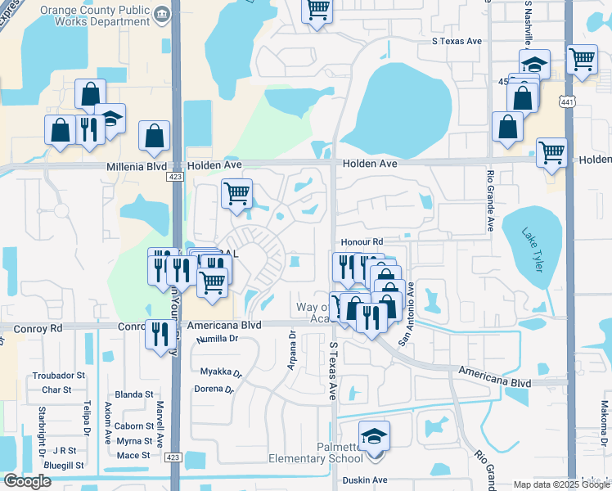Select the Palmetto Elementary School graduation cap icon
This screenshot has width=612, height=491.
pyautogui.click(x=374, y=435)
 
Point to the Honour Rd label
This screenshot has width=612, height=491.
pyautogui.click(x=362, y=242)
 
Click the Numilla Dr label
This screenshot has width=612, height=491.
pyautogui.click(x=210, y=337)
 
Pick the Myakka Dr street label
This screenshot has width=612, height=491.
pyautogui.click(x=222, y=372)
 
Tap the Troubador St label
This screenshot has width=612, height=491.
pyautogui.click(x=58, y=376)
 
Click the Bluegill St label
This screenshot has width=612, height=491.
pyautogui.click(x=65, y=465)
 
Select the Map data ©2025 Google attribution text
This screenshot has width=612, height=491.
pyautogui.click(x=560, y=484)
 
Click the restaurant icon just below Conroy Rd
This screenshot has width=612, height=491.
pyautogui.click(x=159, y=333)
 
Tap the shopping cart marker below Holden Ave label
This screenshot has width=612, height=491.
pyautogui.click(x=236, y=194)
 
